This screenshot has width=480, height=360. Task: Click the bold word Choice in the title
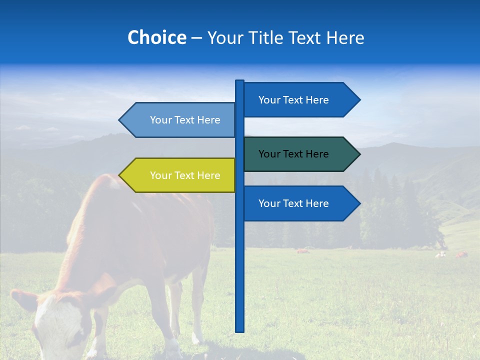click(x=156, y=37)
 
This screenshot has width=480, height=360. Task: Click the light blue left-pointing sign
click(x=180, y=120)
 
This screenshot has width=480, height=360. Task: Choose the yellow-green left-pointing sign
click(x=180, y=175)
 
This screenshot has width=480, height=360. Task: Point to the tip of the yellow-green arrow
click(x=120, y=175)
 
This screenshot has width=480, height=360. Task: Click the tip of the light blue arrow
click(x=120, y=120)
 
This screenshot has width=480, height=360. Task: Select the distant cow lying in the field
click(x=302, y=250)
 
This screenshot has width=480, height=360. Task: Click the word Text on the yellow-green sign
click(x=185, y=175)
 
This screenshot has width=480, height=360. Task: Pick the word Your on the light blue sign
click(x=160, y=120)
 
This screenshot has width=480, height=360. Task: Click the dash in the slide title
click(x=196, y=38)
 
